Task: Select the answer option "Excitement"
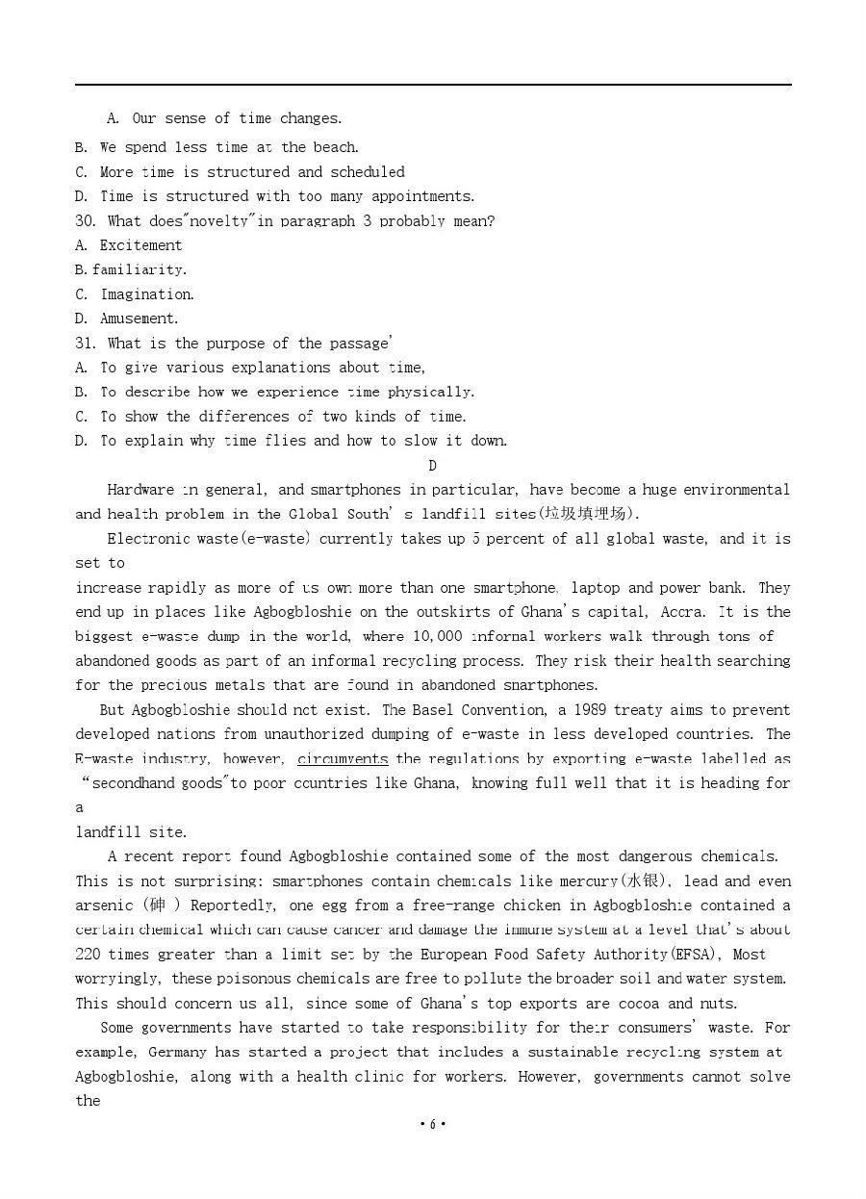pos(140,245)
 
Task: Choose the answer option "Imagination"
pos(147,294)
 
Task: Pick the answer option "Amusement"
pos(140,319)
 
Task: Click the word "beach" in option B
pos(334,147)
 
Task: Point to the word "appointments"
pos(423,196)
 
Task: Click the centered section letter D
pos(432,466)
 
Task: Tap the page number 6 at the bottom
pos(433,1124)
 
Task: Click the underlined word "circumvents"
pos(343,759)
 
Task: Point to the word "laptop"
pos(595,588)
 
